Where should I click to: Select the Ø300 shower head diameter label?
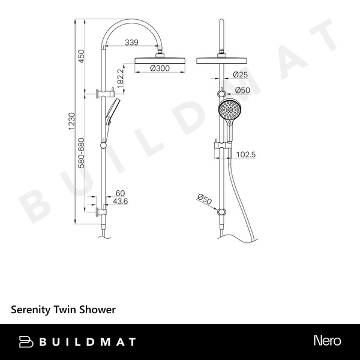coord(159,68)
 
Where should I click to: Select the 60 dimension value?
coord(120,193)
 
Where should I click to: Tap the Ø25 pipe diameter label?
coord(241,74)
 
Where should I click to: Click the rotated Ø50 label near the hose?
coord(203,198)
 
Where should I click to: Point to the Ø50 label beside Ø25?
coord(242,90)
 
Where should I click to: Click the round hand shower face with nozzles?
coord(228,109)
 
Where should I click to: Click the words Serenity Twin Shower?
coord(63,310)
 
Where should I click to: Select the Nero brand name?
coord(327,341)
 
